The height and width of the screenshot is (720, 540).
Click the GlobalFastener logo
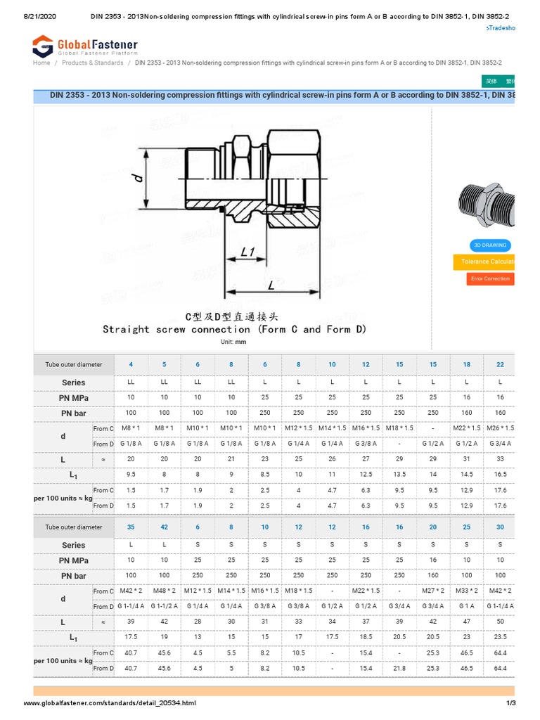click(x=85, y=46)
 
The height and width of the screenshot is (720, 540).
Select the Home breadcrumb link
click(x=41, y=63)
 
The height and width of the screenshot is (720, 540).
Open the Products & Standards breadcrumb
click(x=92, y=63)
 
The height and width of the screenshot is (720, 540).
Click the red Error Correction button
click(x=490, y=278)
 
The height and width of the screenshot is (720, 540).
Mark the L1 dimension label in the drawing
click(x=247, y=251)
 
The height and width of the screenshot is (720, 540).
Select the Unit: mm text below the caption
click(x=235, y=342)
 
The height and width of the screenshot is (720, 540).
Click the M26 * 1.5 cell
click(x=500, y=428)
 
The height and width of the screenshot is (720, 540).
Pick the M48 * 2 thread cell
click(x=164, y=591)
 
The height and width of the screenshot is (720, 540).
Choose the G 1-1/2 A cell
click(x=164, y=606)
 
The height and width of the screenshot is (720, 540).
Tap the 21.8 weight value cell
click(x=399, y=668)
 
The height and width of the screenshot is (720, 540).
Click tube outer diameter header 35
click(x=131, y=527)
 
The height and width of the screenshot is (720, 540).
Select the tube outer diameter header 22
click(x=500, y=364)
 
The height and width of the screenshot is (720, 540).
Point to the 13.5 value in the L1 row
click(x=399, y=475)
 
